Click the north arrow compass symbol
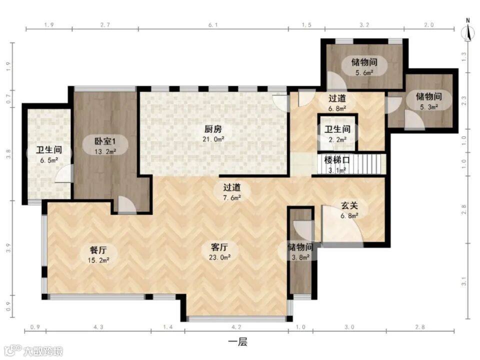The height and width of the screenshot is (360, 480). [x=468, y=30]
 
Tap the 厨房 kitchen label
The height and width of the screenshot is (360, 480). [x=213, y=129]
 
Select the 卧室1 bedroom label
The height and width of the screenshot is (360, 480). [x=105, y=141]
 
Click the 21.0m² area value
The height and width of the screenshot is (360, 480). [x=213, y=139]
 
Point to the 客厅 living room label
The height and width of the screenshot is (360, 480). [x=219, y=247]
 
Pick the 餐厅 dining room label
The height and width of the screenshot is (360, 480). [x=98, y=250]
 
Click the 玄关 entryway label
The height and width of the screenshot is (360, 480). [x=349, y=205]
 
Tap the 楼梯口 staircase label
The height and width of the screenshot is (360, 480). [x=337, y=160]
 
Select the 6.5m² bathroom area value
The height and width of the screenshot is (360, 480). [x=49, y=160]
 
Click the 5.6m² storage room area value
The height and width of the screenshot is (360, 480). [x=364, y=73]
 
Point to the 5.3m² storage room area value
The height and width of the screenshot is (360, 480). [x=429, y=107]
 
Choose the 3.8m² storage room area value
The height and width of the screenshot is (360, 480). [x=300, y=257]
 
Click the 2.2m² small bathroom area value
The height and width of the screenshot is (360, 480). [x=337, y=139]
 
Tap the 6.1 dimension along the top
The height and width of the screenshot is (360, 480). [x=213, y=25]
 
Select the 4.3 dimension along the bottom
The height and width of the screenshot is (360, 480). [x=98, y=327]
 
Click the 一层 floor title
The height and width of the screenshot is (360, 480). [x=238, y=341]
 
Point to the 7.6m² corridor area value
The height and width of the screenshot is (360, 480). [x=231, y=198]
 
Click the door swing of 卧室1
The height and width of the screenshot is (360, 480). [x=126, y=204]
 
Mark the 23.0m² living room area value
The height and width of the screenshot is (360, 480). [x=219, y=257]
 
